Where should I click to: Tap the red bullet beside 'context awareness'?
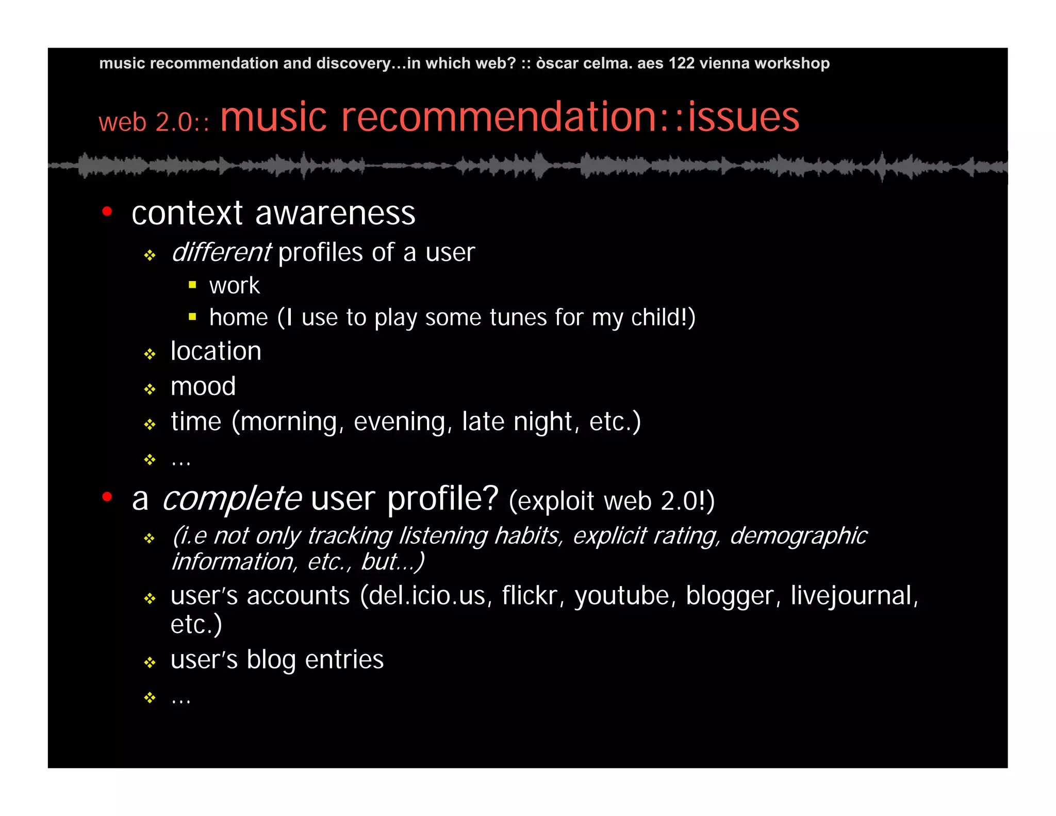107,211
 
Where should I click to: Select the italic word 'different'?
221,252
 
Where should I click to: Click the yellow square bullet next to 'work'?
192,285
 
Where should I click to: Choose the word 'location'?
216,351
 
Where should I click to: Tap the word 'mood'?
203,386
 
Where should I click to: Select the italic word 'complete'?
232,499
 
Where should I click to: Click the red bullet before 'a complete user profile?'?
107,497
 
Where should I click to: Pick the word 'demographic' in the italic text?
798,536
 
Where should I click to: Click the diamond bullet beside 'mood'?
150,389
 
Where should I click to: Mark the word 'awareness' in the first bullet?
335,213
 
